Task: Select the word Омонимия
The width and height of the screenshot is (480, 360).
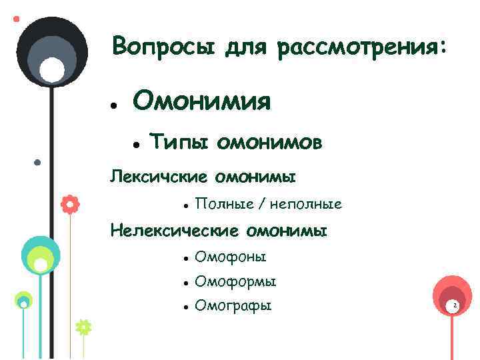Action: (202, 102)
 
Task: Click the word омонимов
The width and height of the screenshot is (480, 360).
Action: (271, 142)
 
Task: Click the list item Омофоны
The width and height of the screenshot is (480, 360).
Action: (230, 257)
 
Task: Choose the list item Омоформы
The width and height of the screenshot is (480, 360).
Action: (235, 282)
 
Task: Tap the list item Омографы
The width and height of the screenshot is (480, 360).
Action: (233, 307)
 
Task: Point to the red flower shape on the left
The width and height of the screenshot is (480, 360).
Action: (69, 204)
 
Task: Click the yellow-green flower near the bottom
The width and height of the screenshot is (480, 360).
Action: (83, 327)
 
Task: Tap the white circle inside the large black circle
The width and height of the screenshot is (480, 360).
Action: (53, 70)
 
